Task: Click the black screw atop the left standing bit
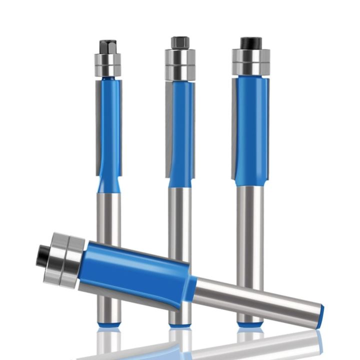tap(107, 46)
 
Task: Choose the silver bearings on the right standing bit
tap(250, 62)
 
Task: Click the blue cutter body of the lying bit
tap(135, 272)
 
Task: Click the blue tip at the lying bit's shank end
tap(319, 317)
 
